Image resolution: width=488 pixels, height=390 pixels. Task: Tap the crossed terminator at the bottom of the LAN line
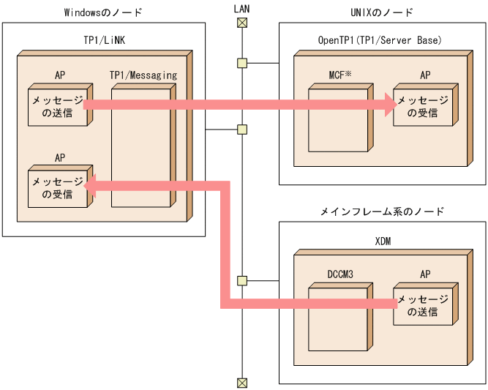241,382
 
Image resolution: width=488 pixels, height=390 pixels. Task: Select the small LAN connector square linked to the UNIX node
241,63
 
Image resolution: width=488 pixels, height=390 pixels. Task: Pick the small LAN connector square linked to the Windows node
241,130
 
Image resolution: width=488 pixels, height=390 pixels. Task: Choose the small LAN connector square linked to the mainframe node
241,280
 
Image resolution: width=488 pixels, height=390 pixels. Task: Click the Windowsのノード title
102,12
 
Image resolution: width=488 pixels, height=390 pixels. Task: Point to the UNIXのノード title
382,12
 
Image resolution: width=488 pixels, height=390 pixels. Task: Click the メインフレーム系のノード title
382,211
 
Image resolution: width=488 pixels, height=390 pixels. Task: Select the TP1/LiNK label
102,41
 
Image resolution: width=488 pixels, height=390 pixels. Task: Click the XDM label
382,241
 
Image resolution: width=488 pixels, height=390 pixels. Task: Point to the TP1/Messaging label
143,75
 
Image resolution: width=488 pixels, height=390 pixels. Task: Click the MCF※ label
340,75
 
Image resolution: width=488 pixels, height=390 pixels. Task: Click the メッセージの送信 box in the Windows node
57,107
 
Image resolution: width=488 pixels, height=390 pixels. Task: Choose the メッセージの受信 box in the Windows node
57,188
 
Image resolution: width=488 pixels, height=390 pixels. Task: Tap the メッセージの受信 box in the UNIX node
422,107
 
